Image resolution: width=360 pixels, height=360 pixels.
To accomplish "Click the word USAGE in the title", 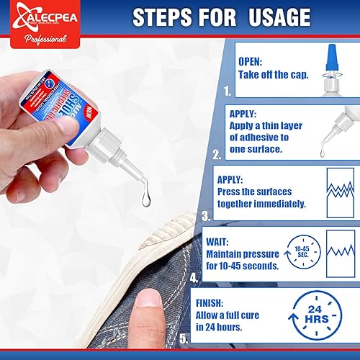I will tap(270, 18).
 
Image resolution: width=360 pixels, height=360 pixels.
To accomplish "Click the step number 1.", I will tap(228, 91).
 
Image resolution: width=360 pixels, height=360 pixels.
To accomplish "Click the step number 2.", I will tap(217, 153).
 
